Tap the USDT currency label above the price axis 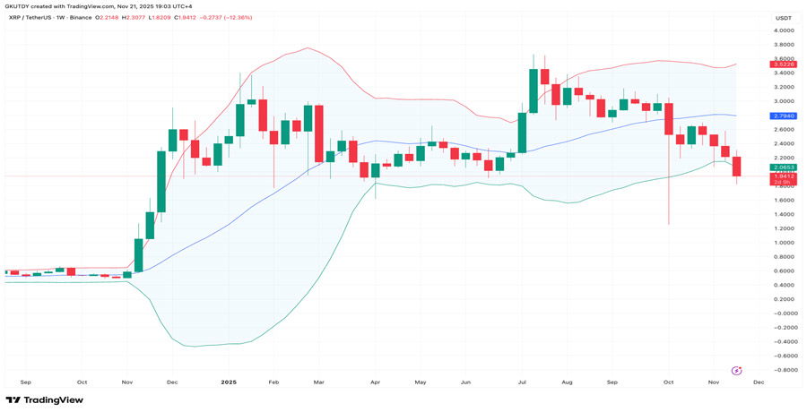783,18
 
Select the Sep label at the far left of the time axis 25,382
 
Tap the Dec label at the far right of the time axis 758,382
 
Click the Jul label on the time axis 522,382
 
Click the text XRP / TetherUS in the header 33,18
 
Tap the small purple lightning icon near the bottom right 736,370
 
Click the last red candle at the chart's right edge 737,167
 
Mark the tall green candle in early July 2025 534,90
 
